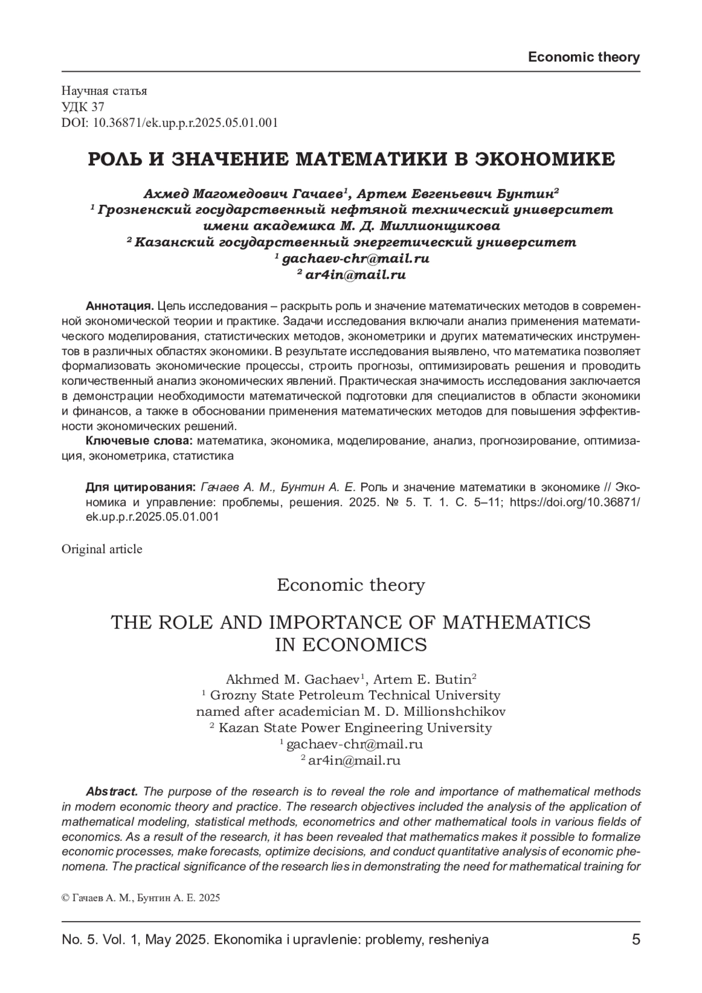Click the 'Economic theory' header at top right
(x=583, y=57)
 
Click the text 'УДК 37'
(x=82, y=106)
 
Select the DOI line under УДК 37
(x=169, y=123)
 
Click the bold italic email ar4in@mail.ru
(x=355, y=274)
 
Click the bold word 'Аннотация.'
(x=120, y=306)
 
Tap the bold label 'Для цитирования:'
(x=140, y=487)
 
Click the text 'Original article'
(x=102, y=549)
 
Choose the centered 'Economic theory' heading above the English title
(x=350, y=585)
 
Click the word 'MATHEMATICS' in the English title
(x=516, y=622)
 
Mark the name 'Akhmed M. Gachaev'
(x=292, y=680)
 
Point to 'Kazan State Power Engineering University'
(x=355, y=728)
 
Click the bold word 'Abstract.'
(x=112, y=792)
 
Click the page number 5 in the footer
(x=636, y=940)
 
